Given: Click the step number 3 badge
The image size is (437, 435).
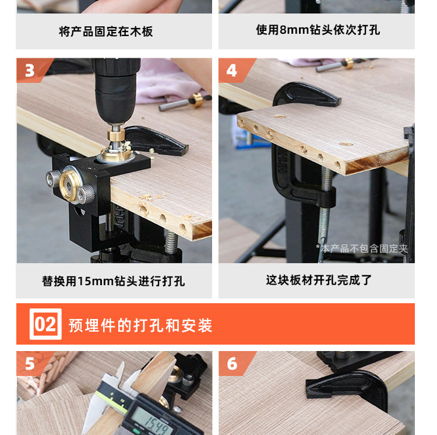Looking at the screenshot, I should point(30,71).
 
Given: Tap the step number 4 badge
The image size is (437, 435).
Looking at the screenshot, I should point(232,71).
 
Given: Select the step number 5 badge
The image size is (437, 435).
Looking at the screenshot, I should point(30,364).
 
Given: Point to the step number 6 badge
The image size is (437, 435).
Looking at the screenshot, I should point(232,364).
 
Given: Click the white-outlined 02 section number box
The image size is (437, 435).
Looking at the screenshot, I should point(45,324).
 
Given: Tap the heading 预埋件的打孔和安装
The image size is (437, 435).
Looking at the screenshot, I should point(140,325).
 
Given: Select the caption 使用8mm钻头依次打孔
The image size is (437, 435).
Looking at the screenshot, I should point(318,30).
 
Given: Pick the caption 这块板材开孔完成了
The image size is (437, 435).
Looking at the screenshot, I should point(319,280).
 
